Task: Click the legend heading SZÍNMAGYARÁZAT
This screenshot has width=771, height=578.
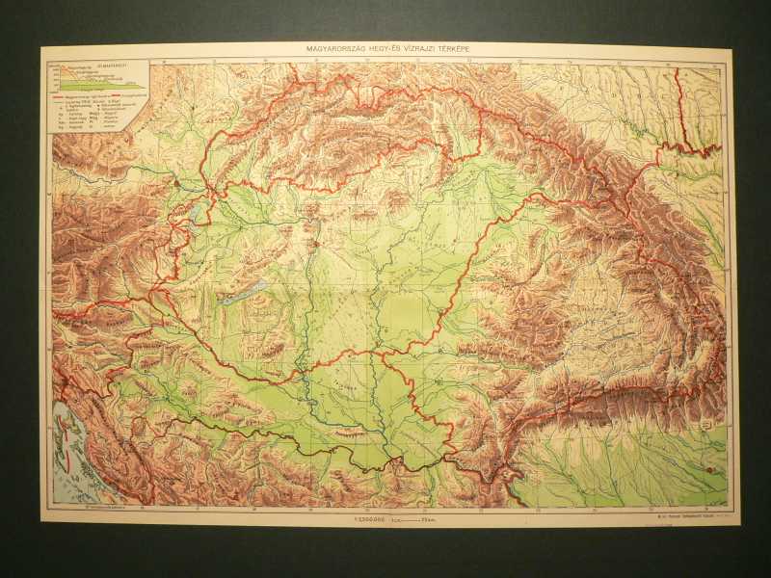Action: pos(126,66)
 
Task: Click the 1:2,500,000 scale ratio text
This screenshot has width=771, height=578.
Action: pos(371,518)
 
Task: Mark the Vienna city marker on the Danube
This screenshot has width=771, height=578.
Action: pos(178,180)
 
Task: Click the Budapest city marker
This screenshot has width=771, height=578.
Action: pos(311,246)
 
